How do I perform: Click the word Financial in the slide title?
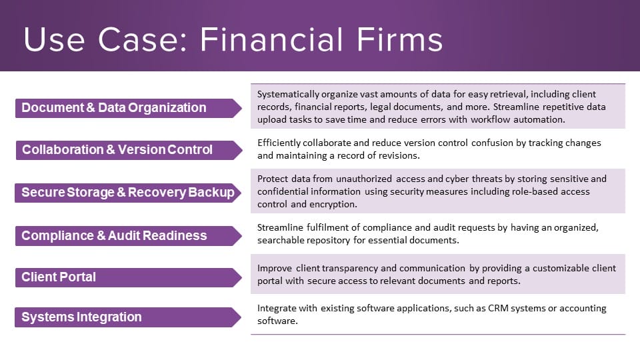click(271, 39)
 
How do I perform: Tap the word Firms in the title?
click(400, 39)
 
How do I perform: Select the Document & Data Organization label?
click(114, 108)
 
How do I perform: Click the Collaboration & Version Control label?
click(117, 150)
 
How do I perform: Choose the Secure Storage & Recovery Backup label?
click(128, 192)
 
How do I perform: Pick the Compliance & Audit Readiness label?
click(114, 235)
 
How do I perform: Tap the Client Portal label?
click(59, 277)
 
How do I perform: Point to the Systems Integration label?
click(81, 317)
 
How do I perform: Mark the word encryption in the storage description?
click(333, 205)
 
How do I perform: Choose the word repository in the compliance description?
click(329, 241)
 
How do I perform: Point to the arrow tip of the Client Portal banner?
click(241, 277)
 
